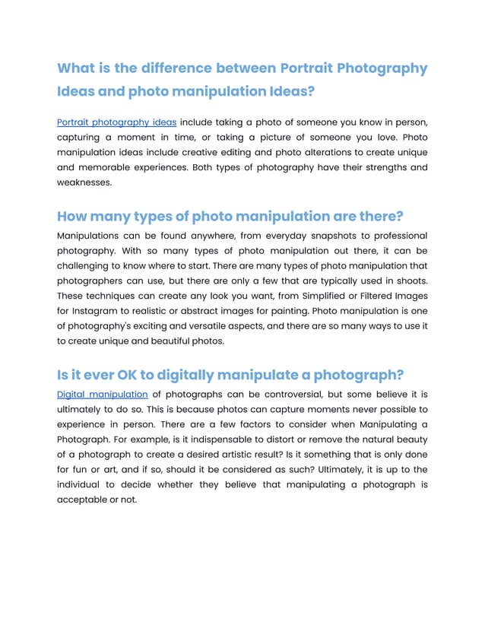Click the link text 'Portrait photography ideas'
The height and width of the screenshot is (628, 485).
[x=117, y=122]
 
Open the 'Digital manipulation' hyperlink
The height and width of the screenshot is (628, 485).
[x=102, y=394]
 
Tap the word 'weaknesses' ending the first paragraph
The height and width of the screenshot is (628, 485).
[x=84, y=182]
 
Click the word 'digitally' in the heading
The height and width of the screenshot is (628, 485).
[x=182, y=375]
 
